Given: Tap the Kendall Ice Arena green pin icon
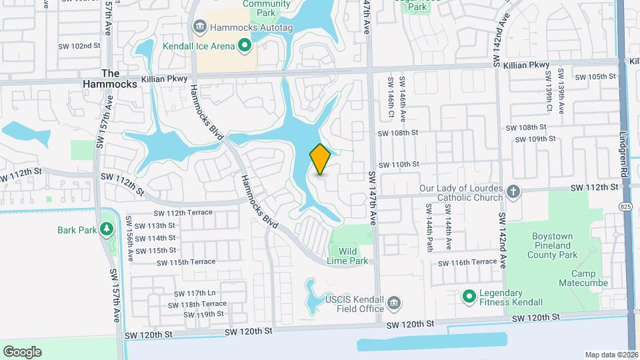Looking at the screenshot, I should pos(244,45).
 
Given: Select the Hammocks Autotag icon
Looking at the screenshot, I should pos(199,27).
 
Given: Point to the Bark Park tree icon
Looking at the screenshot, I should pos(106,230).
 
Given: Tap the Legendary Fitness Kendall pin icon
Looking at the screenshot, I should pos(469,295).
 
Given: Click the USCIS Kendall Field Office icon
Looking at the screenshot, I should pos(394,303).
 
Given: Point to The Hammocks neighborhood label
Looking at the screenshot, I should pos(110,79).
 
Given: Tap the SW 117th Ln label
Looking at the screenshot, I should pos(194,293).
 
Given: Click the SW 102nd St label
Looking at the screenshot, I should pos(85,46).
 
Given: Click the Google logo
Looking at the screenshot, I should pos(22,351).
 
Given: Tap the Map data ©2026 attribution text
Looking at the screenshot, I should pos(611,355).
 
